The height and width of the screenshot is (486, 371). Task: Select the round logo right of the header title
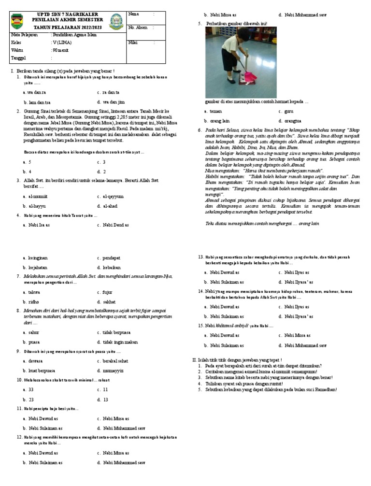point(115,22)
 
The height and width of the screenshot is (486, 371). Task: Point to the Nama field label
point(133,14)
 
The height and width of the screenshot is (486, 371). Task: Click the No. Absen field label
point(138,28)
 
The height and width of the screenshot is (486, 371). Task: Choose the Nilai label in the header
point(133,43)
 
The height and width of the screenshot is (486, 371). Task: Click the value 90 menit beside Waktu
point(61,50)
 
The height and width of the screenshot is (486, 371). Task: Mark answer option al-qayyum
point(113,197)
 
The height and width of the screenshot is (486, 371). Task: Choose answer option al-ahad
point(111,206)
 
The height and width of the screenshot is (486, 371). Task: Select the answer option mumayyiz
point(114,371)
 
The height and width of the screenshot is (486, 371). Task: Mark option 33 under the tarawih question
point(31,389)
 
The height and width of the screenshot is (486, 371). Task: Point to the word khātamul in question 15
point(226,326)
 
